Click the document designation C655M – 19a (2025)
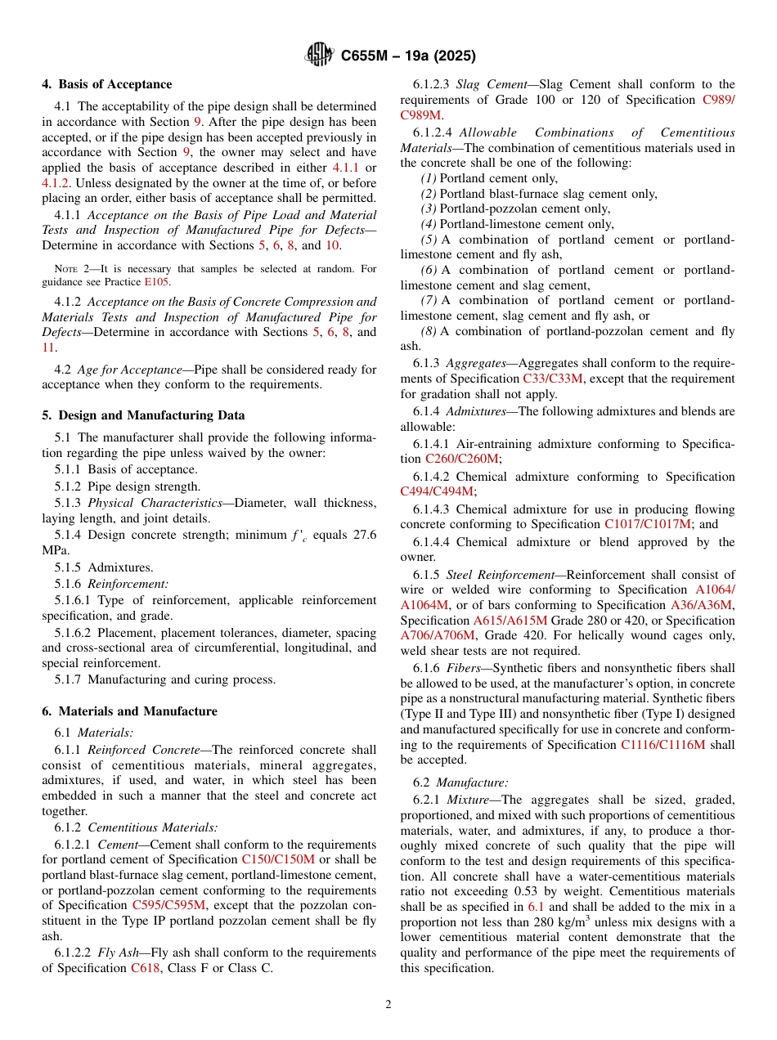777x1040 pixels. click(407, 56)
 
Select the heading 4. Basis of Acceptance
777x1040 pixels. click(107, 84)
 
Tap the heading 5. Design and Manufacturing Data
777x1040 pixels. click(143, 415)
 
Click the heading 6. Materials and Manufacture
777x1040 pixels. click(129, 711)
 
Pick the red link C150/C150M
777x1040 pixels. click(278, 859)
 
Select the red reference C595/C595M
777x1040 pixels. click(169, 905)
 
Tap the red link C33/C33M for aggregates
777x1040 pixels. click(554, 379)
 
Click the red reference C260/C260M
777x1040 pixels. click(462, 459)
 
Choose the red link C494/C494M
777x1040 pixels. click(437, 491)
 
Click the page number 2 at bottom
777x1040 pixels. click(388, 1005)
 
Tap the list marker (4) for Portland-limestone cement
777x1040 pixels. click(429, 224)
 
